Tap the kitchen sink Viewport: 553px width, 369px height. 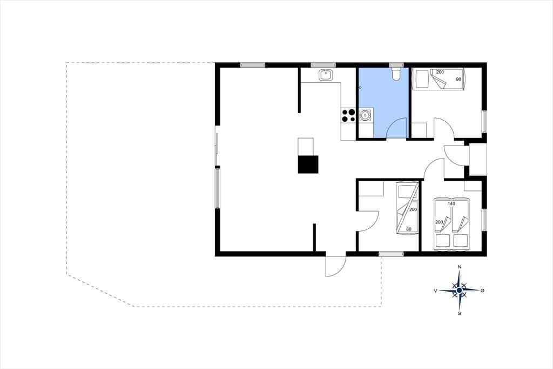325,75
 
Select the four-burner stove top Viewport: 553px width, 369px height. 101,115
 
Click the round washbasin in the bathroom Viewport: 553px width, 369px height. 365,115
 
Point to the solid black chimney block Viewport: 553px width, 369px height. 308,164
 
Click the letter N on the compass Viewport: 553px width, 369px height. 459,267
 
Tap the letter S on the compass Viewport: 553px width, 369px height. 459,313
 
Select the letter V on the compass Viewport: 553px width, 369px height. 436,291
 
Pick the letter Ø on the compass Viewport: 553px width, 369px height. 482,291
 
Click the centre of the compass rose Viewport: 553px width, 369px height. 459,291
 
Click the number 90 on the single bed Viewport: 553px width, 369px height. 458,79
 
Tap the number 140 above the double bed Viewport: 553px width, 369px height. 451,203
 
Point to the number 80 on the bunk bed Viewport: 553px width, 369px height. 409,229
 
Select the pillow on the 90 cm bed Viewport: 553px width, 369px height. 421,79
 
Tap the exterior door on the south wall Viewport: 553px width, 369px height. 335,265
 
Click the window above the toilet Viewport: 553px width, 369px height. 396,65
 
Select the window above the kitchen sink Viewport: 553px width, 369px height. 323,65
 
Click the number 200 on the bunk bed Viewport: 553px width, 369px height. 413,209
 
